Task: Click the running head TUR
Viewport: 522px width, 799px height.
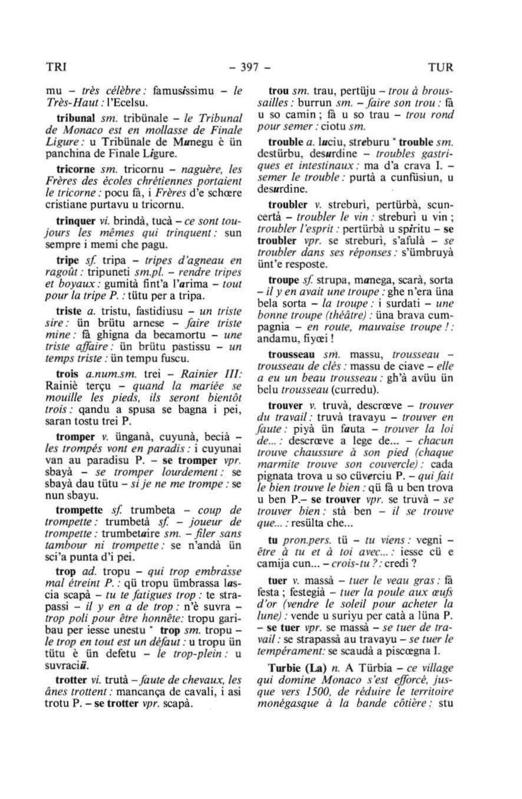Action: point(440,67)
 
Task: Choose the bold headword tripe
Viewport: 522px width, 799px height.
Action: point(67,260)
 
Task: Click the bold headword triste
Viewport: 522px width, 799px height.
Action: point(69,311)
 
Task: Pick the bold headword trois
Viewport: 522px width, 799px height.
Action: point(67,373)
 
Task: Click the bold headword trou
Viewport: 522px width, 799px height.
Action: point(279,92)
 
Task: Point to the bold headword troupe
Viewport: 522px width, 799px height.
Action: point(283,280)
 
